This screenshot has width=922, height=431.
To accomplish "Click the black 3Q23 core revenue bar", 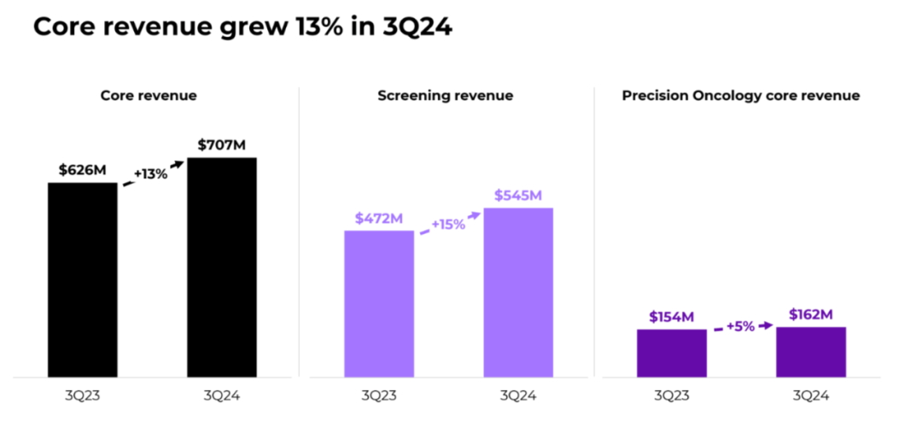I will pos(82,279).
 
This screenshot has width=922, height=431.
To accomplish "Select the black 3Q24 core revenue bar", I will pos(221,267).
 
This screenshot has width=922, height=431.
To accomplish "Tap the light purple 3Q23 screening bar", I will pos(379,303).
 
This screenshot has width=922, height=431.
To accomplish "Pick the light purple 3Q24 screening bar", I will pos(518,292).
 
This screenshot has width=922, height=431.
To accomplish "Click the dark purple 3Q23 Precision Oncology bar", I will pos(671,352).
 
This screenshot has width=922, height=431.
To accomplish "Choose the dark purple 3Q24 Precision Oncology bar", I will pos(810,352).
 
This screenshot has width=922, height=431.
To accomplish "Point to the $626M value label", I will pos(82,169).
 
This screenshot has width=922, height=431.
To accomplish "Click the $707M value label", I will pos(221,145).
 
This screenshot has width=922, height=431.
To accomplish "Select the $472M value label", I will pos(378,218).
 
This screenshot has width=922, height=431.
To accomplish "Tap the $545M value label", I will pos(517,195).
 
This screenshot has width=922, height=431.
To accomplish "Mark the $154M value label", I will pos(670,317).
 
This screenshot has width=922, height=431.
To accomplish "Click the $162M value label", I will pos(810,314).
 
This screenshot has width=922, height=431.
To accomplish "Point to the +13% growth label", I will pos(150,174).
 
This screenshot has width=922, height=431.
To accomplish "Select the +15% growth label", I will pos(448,224).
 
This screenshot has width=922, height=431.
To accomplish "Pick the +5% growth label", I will pos(740,326).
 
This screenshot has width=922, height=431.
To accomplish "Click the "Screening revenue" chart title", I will pos(445,96).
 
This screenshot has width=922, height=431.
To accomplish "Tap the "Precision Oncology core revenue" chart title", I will pos(740,96).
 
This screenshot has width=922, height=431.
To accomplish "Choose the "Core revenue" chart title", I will pos(149,96).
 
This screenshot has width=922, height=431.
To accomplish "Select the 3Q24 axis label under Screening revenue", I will pos(517,396).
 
